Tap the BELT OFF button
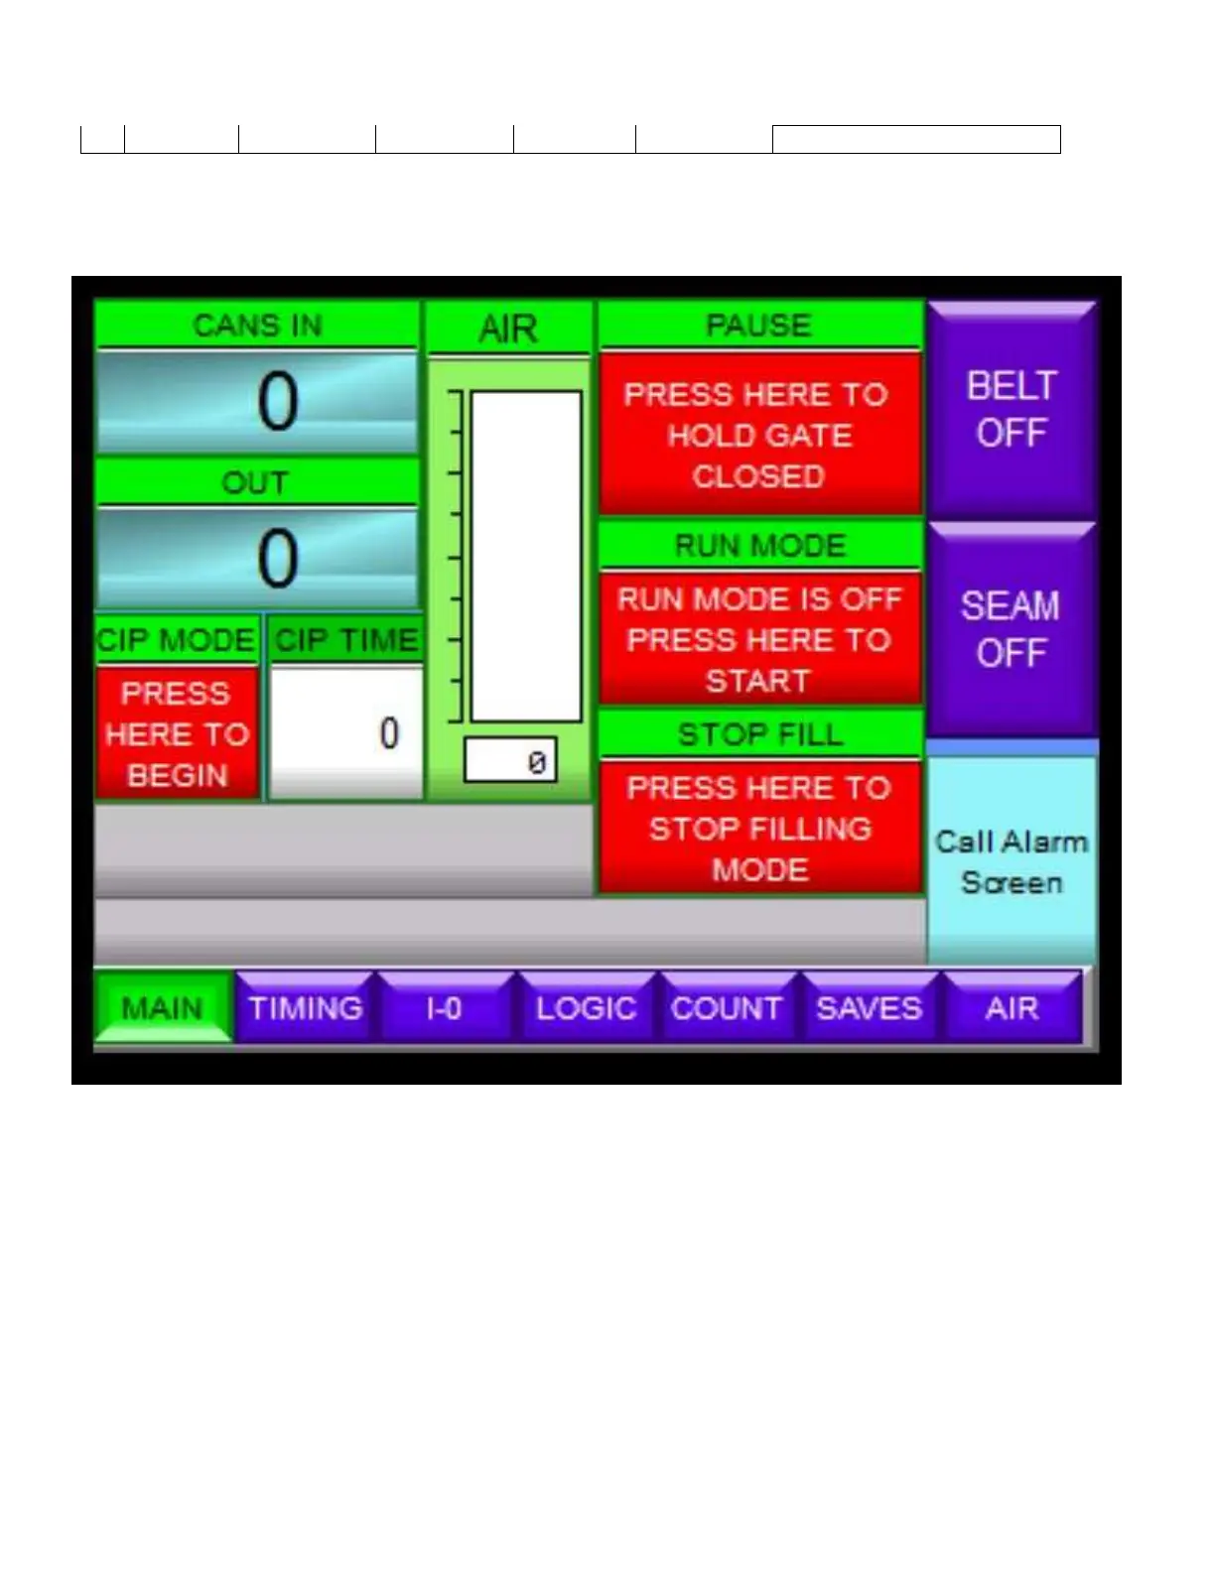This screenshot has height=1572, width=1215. pos(1012,409)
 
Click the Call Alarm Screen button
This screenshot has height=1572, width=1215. pos(1012,860)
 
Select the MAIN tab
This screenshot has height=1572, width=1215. pos(163,1008)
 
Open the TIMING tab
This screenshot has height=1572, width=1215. pos(306,1008)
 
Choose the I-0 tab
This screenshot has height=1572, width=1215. pos(445,1008)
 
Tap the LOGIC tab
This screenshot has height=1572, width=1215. pos(586,1008)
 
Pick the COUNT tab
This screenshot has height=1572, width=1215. pos(727,1008)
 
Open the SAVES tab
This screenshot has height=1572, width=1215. pos(869,1008)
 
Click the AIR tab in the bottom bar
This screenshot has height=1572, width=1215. pos(1012,1008)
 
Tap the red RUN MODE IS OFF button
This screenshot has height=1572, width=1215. pos(759,639)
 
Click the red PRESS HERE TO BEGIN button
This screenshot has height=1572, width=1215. pos(178,733)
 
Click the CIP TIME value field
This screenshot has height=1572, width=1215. pos(345,733)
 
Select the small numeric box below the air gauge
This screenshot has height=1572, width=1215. pos(510,761)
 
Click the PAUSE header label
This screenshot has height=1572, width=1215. pos(759,326)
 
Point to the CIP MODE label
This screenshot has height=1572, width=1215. pos(177,640)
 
